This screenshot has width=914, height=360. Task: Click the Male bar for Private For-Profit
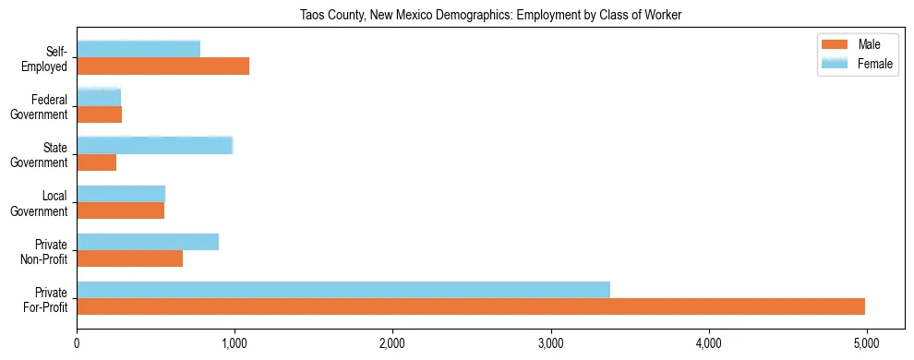point(471,306)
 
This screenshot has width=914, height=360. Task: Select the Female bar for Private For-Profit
point(343,290)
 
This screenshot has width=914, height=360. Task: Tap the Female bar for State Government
point(154,146)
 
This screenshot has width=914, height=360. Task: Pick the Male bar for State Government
point(97,162)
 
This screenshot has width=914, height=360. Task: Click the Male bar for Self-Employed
point(163,66)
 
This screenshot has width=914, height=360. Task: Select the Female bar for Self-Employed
point(138,50)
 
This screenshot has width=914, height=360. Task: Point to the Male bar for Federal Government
point(100,114)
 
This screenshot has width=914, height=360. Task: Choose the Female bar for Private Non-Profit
point(148,242)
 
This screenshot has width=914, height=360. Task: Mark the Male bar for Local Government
point(121,210)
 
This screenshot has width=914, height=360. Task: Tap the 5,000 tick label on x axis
point(866,343)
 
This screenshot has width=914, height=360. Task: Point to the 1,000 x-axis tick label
point(235,343)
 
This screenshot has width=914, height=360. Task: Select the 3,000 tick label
point(550,343)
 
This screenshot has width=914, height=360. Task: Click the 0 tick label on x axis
point(77,343)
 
